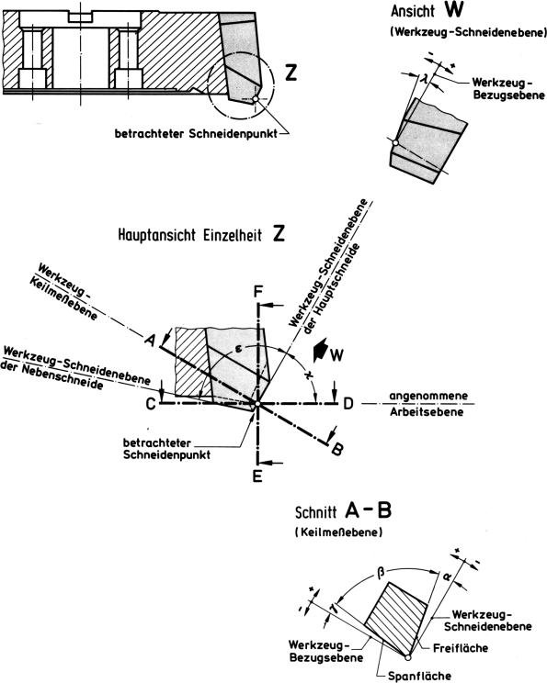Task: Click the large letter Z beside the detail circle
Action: pyautogui.click(x=291, y=75)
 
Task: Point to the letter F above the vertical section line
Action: pyautogui.click(x=258, y=292)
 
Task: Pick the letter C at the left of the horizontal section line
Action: pyautogui.click(x=149, y=402)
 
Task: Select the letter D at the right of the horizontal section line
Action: pyautogui.click(x=348, y=402)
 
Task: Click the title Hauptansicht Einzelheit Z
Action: pyautogui.click(x=198, y=234)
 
